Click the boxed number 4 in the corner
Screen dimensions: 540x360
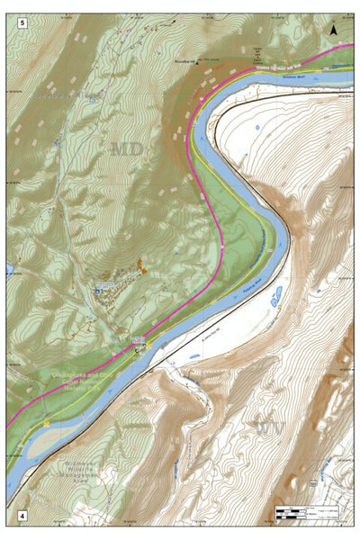click(21, 517)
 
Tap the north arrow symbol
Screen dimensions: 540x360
click(334, 30)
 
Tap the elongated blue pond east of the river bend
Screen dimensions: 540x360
click(276, 295)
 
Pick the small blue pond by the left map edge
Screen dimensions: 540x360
click(8, 268)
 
